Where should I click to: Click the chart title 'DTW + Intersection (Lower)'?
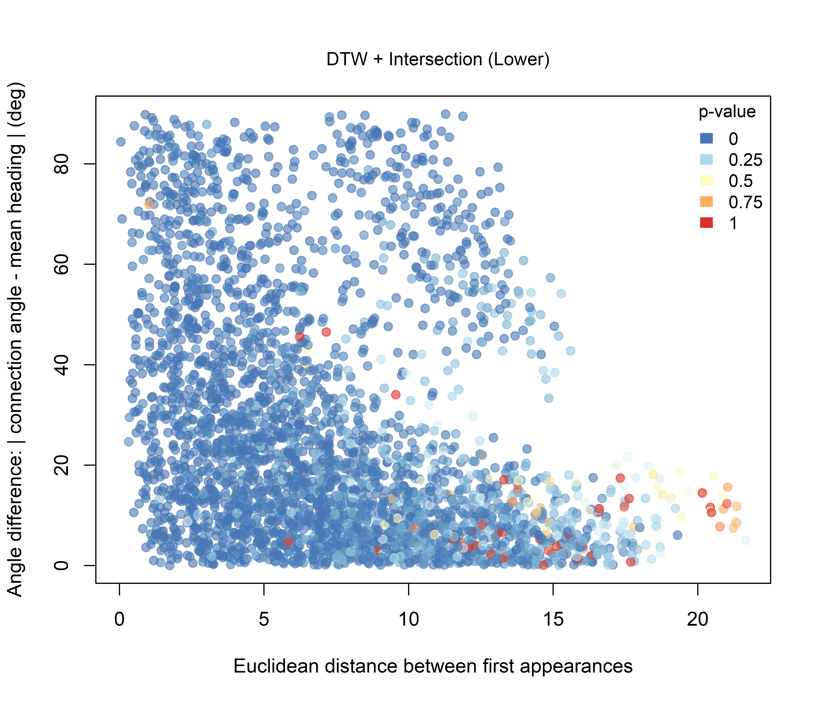point(438,59)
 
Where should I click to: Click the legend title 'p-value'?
point(727,112)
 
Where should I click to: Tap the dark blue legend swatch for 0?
point(706,138)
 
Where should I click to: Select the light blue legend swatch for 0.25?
point(706,160)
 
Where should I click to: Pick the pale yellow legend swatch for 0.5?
point(706,180)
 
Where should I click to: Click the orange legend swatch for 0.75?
point(706,202)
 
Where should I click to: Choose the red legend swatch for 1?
point(706,223)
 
